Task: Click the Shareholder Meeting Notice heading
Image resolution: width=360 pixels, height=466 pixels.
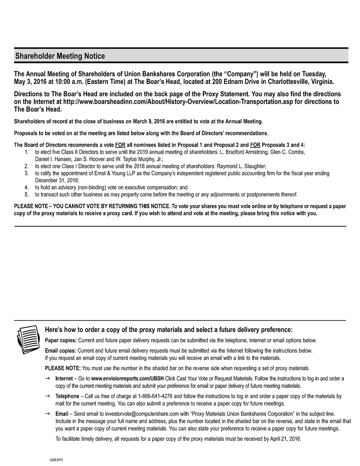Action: (60, 56)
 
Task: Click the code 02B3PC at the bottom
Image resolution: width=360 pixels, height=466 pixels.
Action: (56, 459)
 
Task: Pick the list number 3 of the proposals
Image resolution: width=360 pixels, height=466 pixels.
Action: (26, 173)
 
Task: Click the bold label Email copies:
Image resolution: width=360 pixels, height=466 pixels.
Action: (61, 350)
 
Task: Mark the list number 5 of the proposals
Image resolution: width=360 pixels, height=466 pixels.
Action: (26, 195)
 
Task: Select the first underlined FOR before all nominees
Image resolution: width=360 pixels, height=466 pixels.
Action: (120, 145)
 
